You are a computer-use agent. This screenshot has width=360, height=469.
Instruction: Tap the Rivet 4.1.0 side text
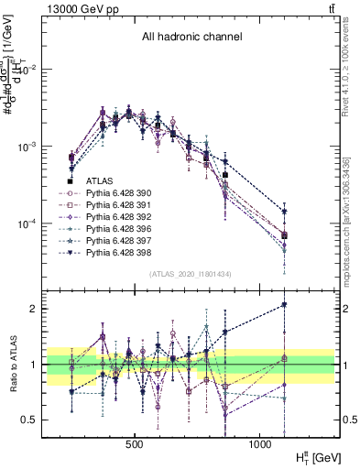tap(352, 64)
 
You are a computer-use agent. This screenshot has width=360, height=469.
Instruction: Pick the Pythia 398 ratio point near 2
tap(284, 304)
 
